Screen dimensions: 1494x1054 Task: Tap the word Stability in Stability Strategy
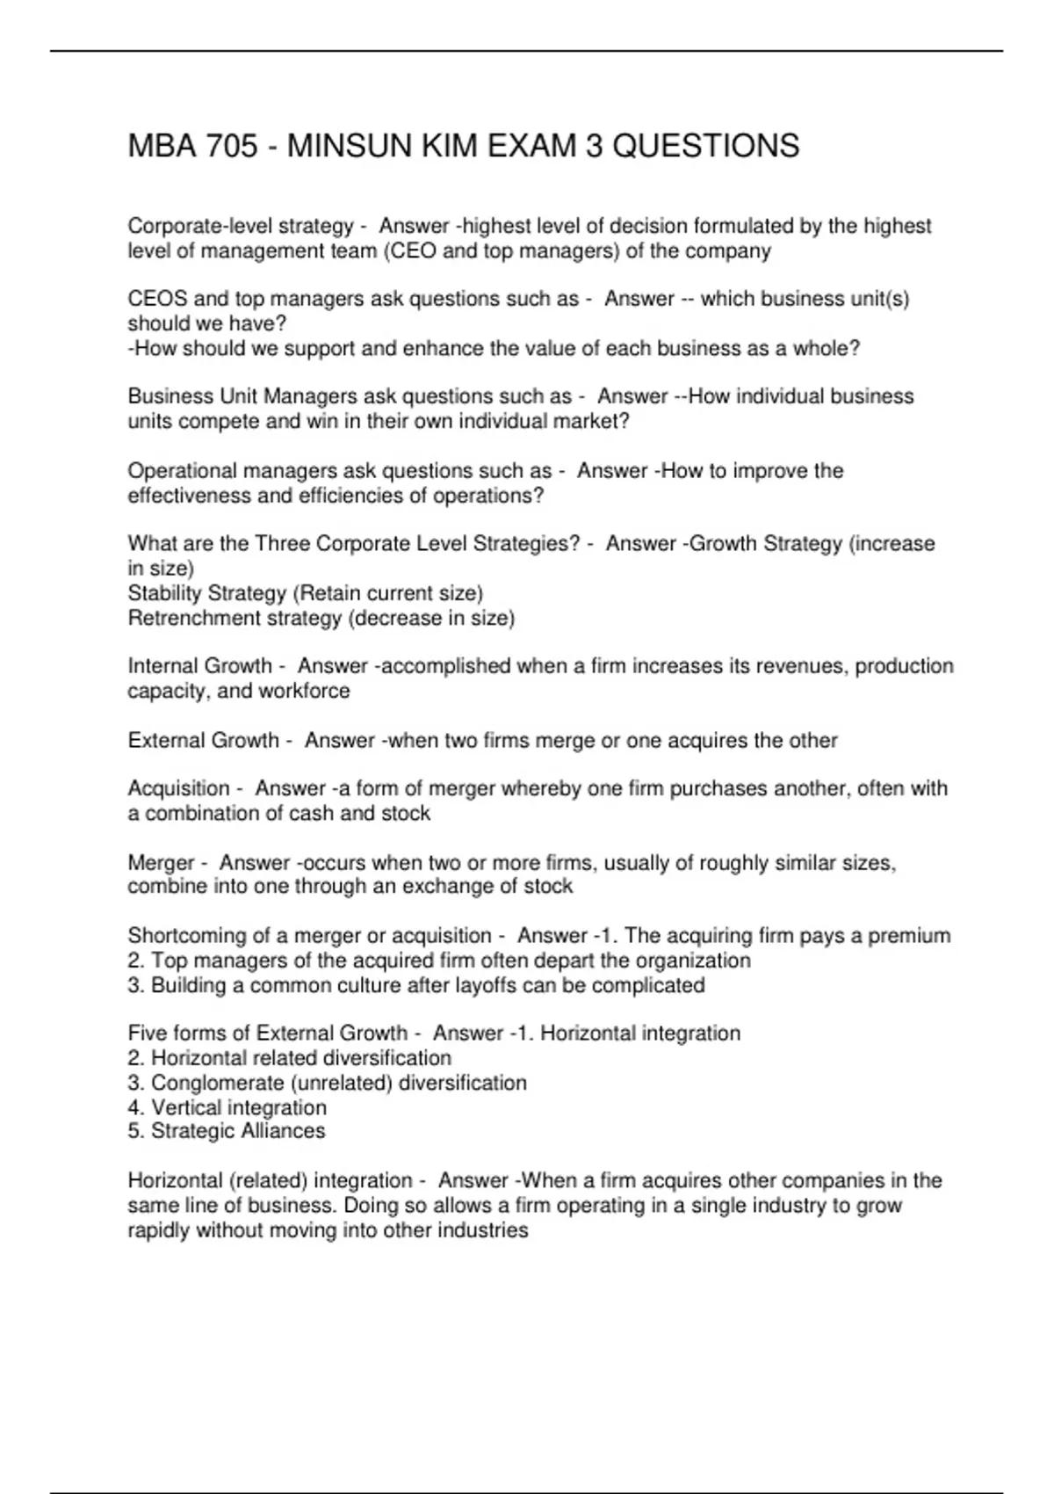pos(163,593)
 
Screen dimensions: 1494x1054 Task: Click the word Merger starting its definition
pos(161,863)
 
